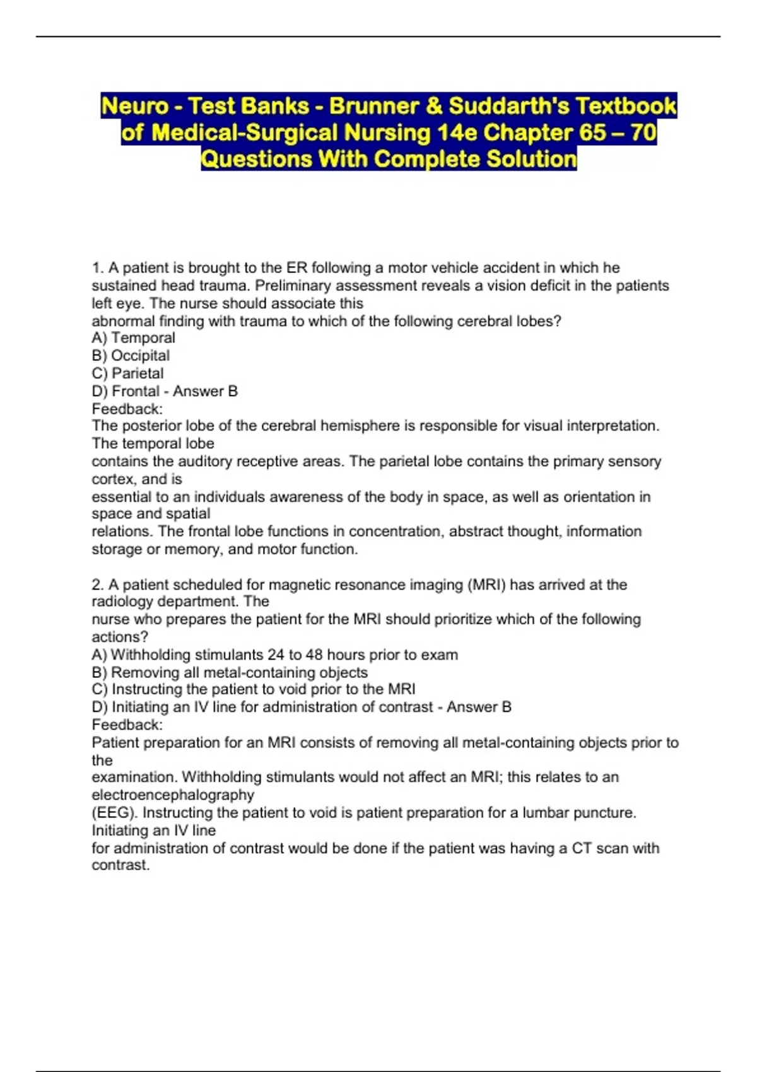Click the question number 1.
(x=97, y=268)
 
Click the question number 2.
(x=97, y=585)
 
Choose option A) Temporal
(x=133, y=338)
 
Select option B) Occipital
(x=131, y=356)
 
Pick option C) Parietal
(x=127, y=373)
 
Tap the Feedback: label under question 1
(x=127, y=409)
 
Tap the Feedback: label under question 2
(x=127, y=725)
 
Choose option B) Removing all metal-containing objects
(x=230, y=672)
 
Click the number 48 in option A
(x=314, y=655)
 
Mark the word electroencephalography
(x=172, y=795)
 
